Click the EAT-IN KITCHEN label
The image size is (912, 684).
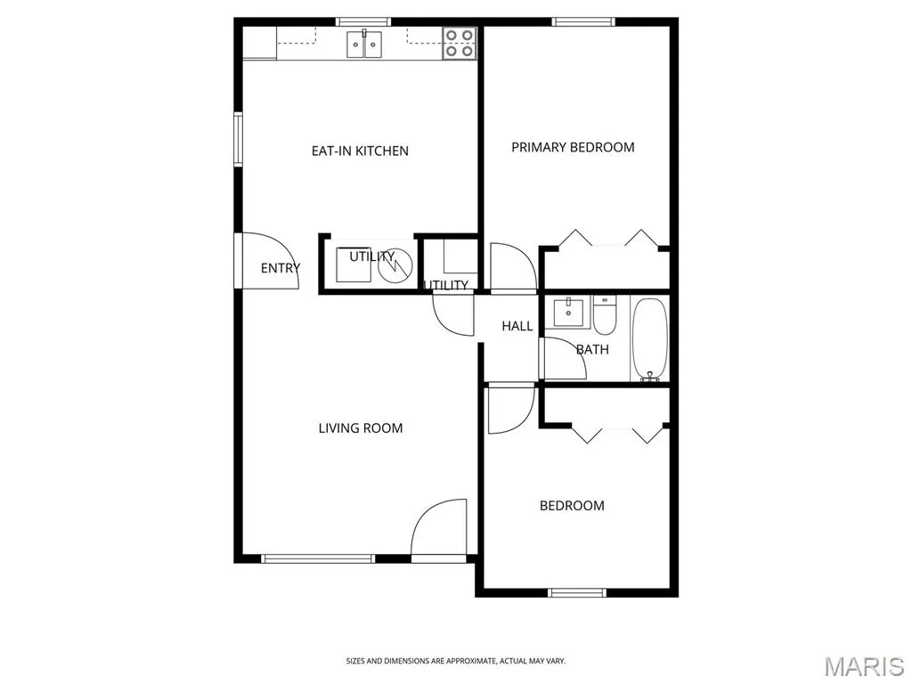pos(360,151)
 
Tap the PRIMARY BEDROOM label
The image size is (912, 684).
pos(573,148)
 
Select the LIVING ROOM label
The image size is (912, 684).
pos(361,428)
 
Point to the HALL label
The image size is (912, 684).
pos(517,326)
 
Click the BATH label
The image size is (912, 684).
pos(592,349)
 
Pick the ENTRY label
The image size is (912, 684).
pos(281,268)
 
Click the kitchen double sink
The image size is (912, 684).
pos(364,45)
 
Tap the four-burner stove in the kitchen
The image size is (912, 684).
pos(460,44)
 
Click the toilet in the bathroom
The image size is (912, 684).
pos(605,314)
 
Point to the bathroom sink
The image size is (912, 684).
pos(568,312)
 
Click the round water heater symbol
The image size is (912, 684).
pos(395,265)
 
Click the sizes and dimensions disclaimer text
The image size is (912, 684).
pos(456,662)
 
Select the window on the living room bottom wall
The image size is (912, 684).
pos(318,559)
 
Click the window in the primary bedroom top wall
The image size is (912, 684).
pos(583,22)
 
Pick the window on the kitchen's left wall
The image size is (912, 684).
pos(238,139)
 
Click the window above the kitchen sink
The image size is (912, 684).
pos(363,22)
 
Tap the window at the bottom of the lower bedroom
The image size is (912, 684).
pos(577,593)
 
